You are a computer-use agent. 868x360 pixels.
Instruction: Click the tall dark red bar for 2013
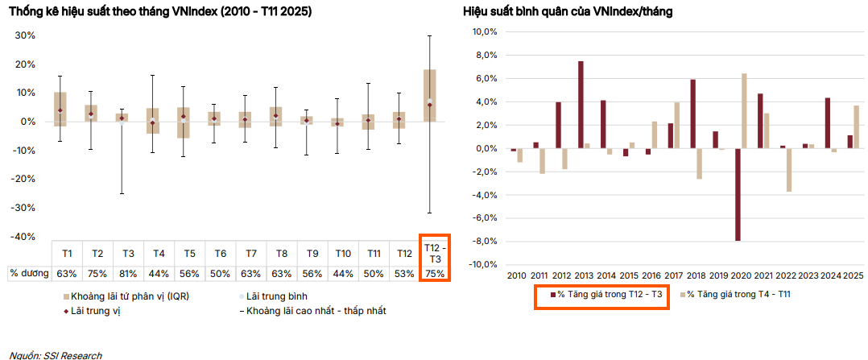(581, 105)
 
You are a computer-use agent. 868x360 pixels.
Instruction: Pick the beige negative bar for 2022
(789, 170)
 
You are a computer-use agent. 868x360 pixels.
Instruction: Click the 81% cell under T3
(127, 274)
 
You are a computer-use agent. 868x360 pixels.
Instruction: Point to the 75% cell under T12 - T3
(435, 274)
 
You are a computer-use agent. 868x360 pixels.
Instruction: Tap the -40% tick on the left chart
(25, 236)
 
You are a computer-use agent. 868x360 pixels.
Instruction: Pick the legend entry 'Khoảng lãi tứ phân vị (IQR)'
(129, 296)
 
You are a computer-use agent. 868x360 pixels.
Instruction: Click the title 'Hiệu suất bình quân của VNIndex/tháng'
(568, 12)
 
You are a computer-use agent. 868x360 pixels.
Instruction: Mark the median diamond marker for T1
(60, 110)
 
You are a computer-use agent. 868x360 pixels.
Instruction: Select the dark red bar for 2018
(692, 114)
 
